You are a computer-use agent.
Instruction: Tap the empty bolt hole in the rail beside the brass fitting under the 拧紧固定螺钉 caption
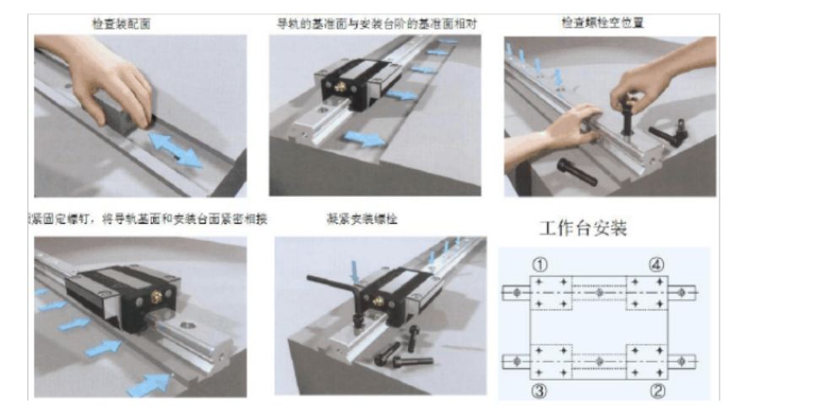188,318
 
